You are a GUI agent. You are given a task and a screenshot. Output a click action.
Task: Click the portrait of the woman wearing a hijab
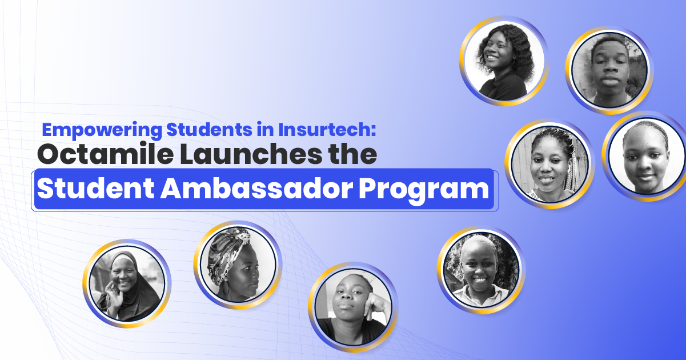127,283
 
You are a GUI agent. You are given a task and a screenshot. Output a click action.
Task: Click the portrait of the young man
608,70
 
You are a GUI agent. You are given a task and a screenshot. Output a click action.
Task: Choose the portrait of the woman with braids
549,163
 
